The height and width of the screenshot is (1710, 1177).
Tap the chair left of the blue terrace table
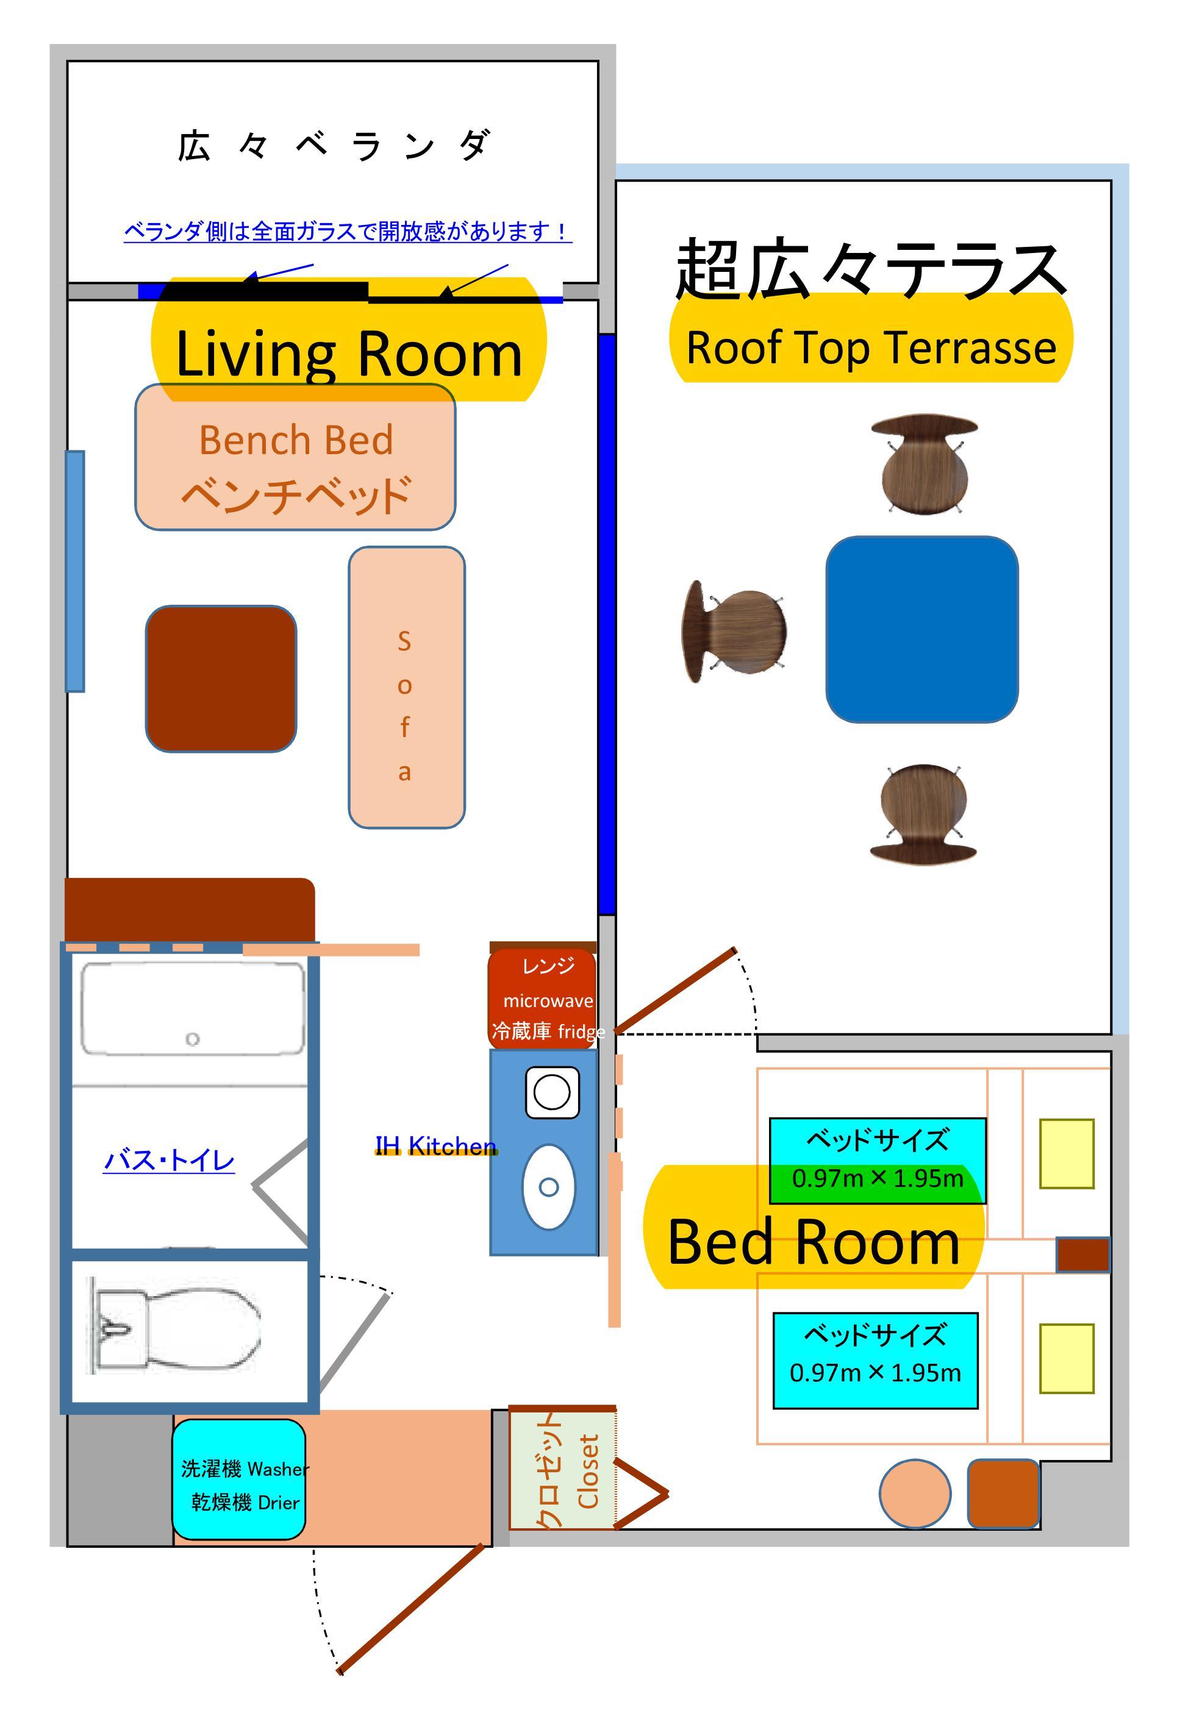734,632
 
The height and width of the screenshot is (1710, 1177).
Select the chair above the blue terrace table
924,463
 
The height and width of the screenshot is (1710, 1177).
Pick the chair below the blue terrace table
923,814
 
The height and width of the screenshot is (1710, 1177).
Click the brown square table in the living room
221,679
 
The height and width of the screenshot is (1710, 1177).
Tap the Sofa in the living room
406,688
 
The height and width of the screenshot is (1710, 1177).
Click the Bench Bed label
296,441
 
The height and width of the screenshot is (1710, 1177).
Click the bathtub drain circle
193,1039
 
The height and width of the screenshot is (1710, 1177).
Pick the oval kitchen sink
549,1187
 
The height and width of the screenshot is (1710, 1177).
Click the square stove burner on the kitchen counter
553,1092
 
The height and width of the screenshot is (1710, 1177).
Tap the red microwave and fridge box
543,998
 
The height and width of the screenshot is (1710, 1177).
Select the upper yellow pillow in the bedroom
1067,1153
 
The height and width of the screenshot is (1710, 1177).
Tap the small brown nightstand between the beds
1083,1255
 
